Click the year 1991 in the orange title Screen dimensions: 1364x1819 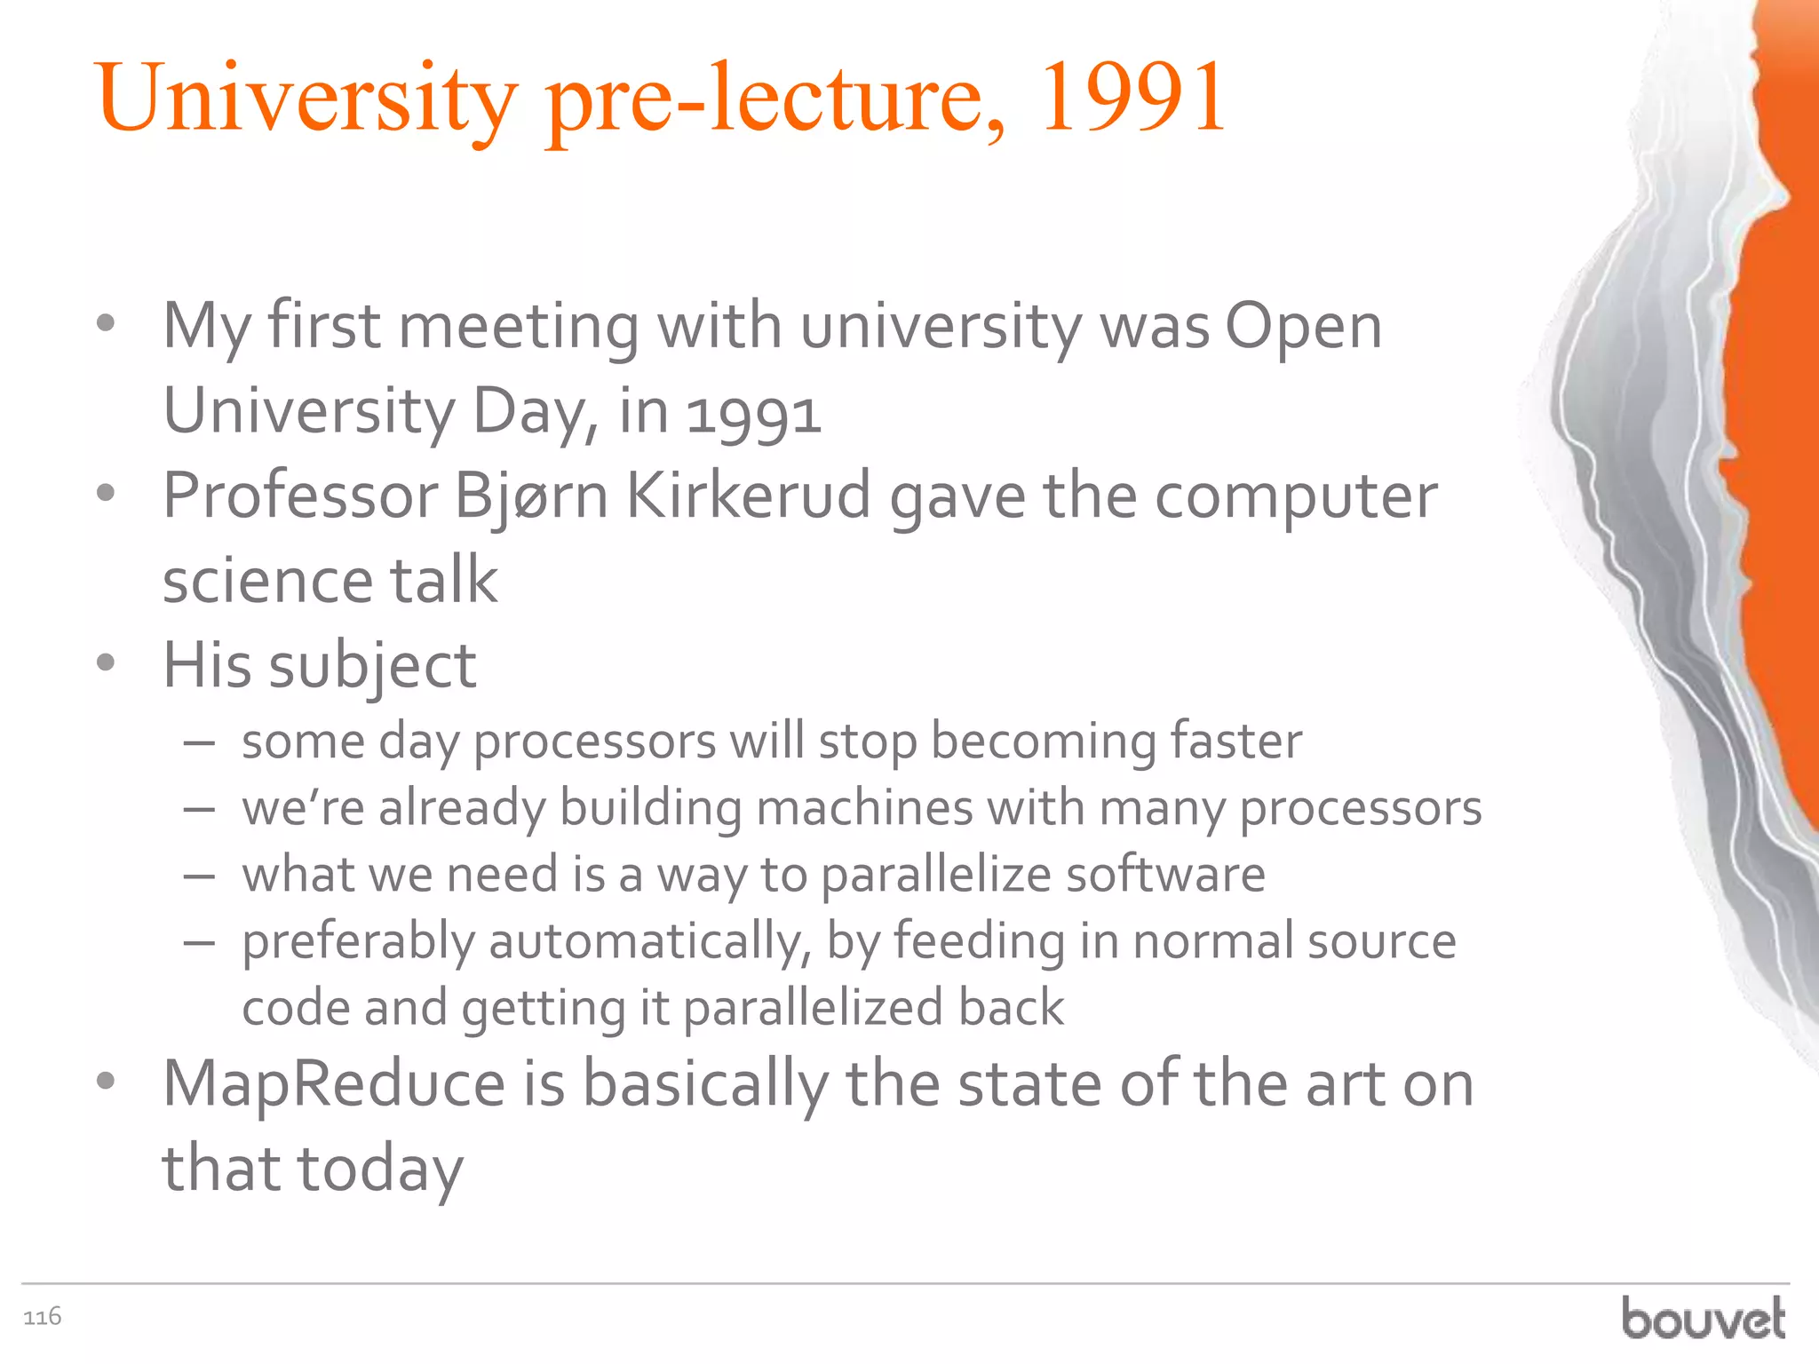1132,98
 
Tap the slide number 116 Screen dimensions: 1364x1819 42,1316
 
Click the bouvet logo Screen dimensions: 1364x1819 1703,1319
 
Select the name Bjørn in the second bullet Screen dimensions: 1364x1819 530,496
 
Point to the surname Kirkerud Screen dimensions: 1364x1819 748,496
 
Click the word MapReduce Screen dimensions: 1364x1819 334,1084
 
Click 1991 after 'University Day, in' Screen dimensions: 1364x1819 754,415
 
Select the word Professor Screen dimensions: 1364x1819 300,496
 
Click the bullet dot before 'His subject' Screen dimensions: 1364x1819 106,662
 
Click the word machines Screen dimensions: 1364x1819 864,808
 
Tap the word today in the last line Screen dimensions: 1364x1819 380,1169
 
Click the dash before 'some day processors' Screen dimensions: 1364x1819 200,742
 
